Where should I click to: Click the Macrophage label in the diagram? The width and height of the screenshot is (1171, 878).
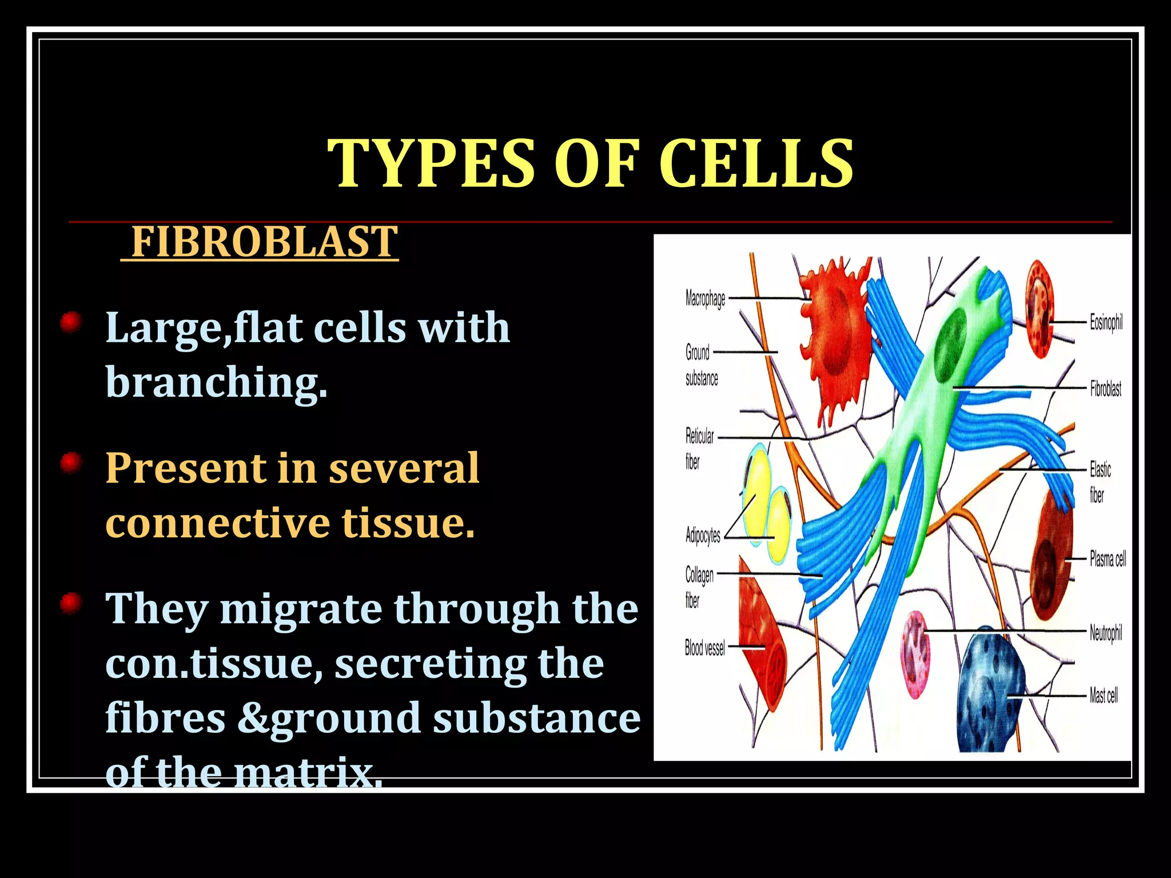pos(705,298)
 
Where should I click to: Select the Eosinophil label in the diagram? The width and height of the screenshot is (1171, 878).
pos(1106,322)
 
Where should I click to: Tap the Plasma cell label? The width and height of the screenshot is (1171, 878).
pos(1107,558)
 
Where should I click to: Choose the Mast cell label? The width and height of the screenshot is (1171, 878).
pos(1104,696)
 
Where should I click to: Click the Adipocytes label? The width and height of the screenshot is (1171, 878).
pos(703,536)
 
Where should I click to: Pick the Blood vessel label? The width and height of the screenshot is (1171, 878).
pos(704,648)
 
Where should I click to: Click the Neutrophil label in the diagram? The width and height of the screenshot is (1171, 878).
pos(1105,633)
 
